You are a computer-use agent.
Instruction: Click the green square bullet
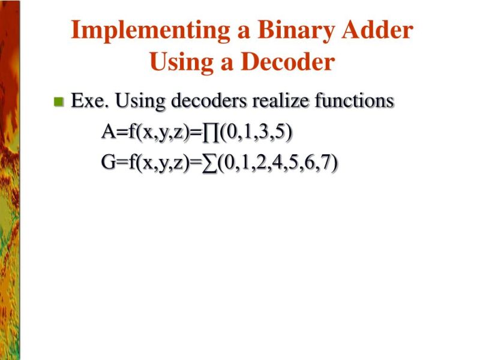point(58,101)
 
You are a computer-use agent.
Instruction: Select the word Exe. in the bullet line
point(89,101)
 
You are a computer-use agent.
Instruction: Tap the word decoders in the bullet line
point(209,101)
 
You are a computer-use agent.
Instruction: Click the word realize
point(281,101)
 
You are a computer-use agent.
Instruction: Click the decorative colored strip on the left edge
point(10,180)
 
